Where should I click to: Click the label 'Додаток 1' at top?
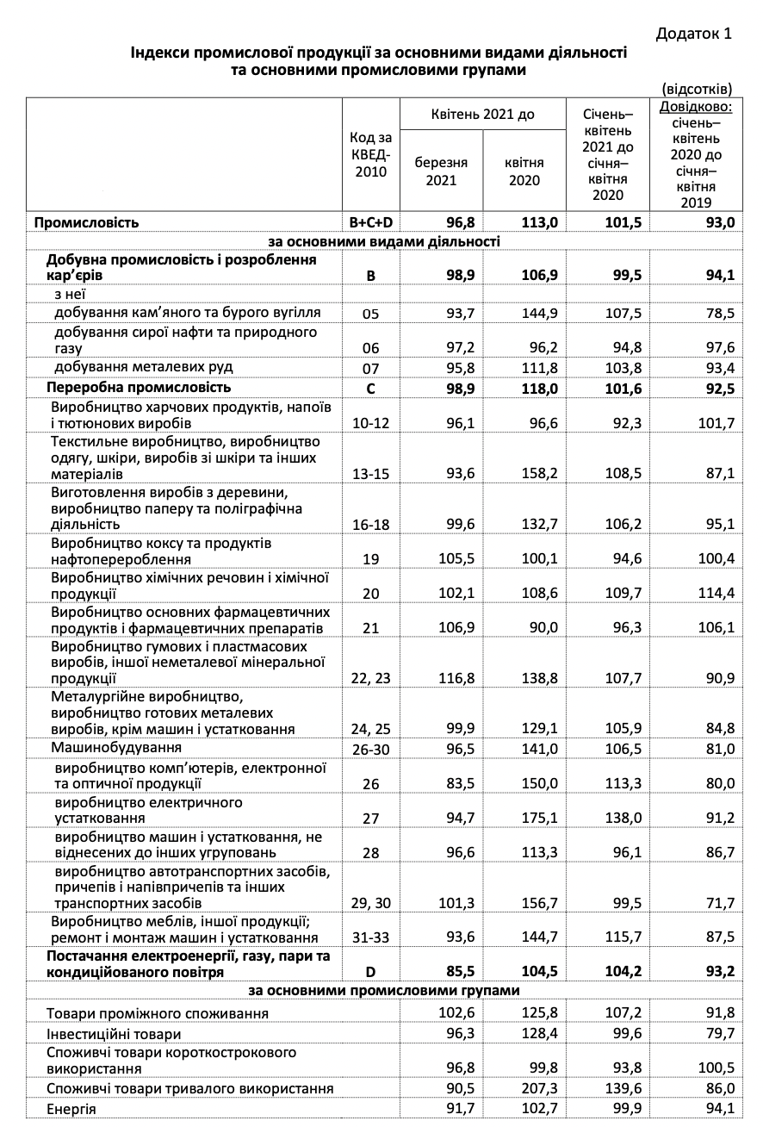[693, 34]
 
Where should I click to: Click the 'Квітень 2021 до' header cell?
[482, 114]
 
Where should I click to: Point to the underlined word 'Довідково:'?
[696, 107]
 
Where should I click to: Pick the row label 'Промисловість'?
[86, 222]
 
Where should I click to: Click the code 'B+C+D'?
[371, 223]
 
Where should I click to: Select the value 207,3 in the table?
[539, 1089]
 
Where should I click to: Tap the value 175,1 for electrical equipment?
[539, 818]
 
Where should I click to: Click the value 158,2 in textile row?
[539, 474]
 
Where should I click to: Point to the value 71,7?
[718, 902]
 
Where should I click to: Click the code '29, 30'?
[371, 902]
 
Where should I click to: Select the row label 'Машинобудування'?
[116, 746]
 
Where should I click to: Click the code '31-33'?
[371, 937]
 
